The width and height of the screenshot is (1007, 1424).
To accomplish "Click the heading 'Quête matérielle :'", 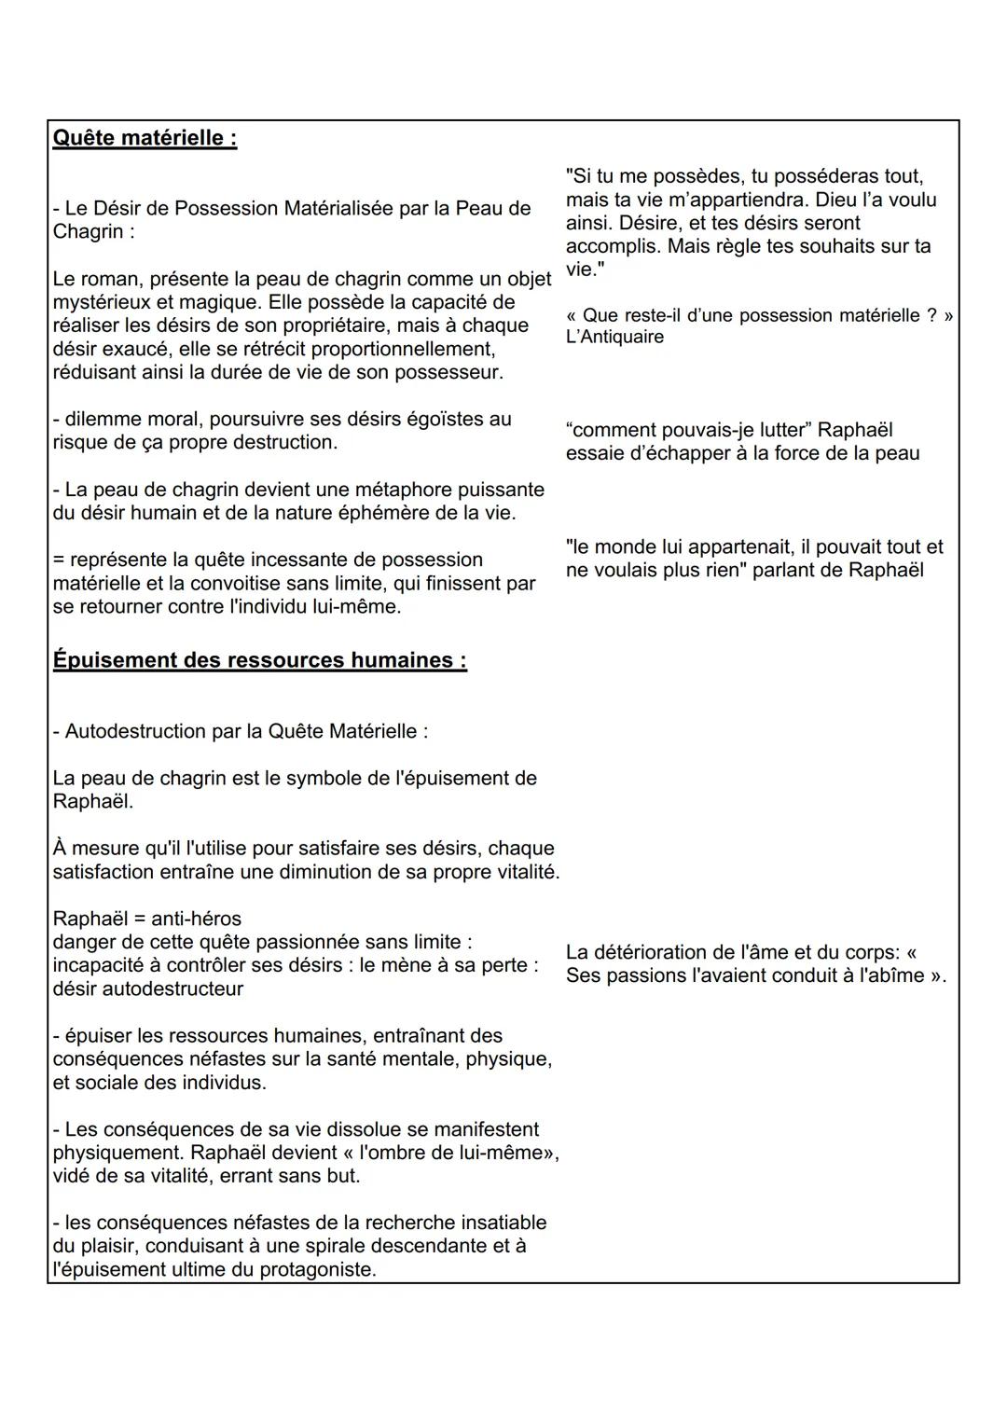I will tap(145, 138).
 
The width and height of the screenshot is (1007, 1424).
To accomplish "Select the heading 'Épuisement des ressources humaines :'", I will tap(259, 660).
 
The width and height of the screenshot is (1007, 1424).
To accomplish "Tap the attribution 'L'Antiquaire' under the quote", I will tap(614, 337).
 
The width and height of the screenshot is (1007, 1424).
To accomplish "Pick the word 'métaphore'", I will tap(407, 490).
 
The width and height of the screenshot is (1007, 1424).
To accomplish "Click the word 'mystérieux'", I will tap(101, 302).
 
